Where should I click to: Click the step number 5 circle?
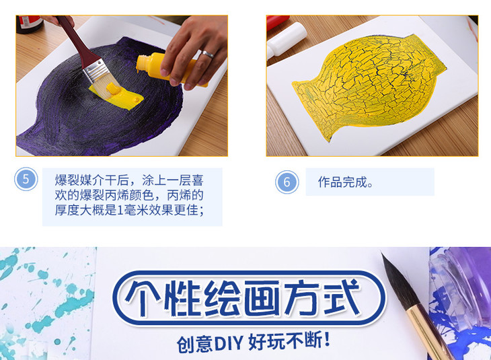click(26, 179)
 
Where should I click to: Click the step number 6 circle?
click(287, 182)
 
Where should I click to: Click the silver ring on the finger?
click(207, 55)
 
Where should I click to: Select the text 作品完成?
click(343, 182)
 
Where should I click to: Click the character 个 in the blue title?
click(142, 298)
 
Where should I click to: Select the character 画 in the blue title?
click(262, 298)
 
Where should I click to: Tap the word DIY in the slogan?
click(229, 343)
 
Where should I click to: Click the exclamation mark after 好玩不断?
click(328, 339)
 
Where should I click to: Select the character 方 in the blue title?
click(303, 297)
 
